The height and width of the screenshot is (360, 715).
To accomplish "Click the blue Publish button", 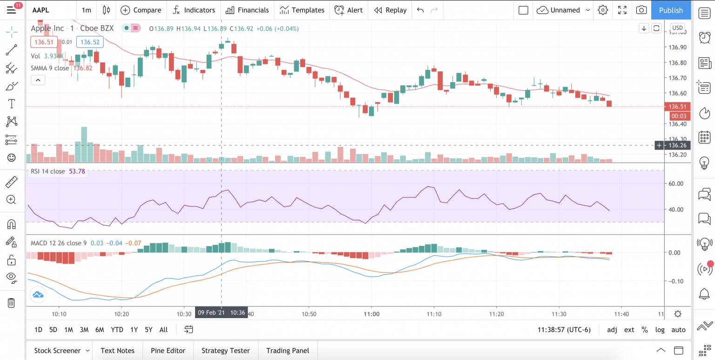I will [671, 10].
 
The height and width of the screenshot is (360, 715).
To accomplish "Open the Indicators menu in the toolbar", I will [194, 10].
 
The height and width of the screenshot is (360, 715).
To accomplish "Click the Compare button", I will [141, 10].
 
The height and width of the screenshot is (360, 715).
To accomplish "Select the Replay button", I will [391, 10].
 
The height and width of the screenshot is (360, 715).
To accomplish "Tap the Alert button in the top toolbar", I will [349, 10].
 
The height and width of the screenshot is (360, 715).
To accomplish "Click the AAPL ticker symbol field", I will [40, 10].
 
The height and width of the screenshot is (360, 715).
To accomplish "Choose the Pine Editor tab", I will [168, 351].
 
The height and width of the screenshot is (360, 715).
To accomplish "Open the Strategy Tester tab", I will [226, 351].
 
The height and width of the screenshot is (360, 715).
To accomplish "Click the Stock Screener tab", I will [57, 351].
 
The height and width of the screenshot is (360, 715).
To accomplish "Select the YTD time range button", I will [117, 330].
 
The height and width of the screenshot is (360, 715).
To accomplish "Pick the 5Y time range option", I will [148, 330].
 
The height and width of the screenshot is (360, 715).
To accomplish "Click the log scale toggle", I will [660, 330].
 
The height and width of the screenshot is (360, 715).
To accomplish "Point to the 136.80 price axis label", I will [677, 63].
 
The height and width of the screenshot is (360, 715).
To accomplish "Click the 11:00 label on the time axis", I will [371, 313].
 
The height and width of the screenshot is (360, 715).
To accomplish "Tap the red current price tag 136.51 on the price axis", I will [677, 107].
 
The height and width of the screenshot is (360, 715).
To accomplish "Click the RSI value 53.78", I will [77, 171].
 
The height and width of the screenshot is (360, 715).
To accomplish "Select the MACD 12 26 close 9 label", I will [59, 243].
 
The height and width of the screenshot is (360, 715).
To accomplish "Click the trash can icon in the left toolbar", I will [11, 303].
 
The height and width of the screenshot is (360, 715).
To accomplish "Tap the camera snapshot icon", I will [641, 10].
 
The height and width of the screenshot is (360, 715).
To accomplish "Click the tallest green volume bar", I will [84, 144].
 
